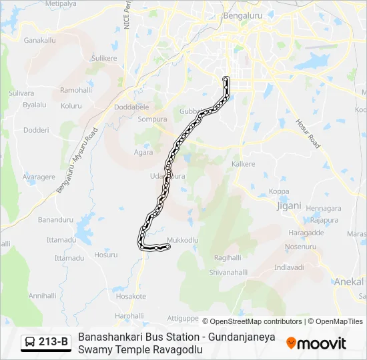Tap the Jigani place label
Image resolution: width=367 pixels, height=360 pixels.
click(x=289, y=205)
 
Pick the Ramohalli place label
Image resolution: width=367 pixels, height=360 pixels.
click(x=76, y=90)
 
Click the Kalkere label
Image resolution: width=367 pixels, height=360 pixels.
click(x=244, y=163)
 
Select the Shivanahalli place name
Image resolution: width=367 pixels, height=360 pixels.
click(x=229, y=272)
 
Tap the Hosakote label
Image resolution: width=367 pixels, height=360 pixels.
click(x=131, y=296)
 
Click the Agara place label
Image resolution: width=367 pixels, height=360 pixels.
click(x=143, y=152)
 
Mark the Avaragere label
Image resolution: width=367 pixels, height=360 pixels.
click(x=39, y=177)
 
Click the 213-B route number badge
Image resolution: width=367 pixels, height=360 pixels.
click(x=53, y=343)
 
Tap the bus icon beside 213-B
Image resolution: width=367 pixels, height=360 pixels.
click(x=31, y=343)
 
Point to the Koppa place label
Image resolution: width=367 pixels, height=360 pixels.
click(x=279, y=192)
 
